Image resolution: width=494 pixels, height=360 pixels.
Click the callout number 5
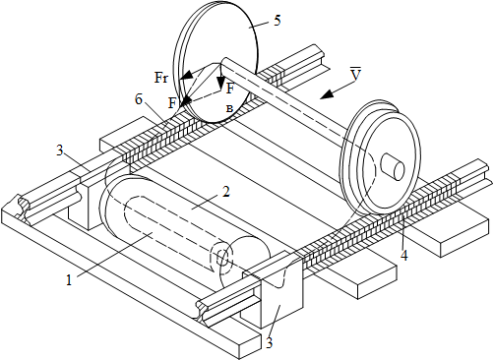278,21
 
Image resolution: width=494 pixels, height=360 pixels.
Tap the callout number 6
139,99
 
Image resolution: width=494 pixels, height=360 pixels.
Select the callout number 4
404,255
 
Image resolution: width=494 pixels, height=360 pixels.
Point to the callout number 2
226,192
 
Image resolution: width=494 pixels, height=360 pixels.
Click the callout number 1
69,280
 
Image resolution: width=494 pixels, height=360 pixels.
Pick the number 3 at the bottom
270,343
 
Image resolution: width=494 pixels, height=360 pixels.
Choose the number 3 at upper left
60,151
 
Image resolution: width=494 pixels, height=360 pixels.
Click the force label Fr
161,79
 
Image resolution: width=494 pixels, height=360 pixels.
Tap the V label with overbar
355,74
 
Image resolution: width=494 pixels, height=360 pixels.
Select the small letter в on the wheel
229,109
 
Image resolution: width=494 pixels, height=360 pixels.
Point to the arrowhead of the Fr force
185,76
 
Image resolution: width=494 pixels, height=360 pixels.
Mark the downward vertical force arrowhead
220,82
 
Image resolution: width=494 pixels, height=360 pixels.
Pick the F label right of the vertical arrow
230,88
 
